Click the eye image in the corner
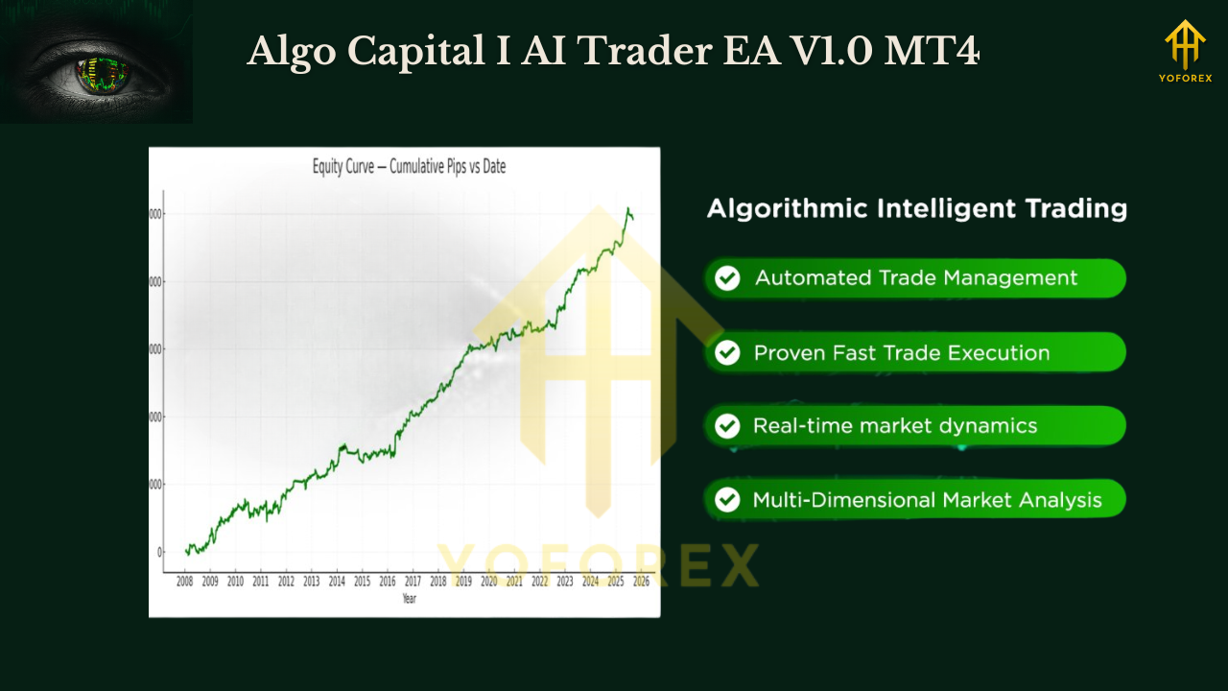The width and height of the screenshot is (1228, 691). coord(96,62)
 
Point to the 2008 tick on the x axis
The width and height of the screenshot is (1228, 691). coord(185,582)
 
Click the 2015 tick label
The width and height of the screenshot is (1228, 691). coord(362,582)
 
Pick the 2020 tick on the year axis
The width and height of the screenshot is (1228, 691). coord(488,582)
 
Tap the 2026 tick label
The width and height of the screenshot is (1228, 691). coord(641,582)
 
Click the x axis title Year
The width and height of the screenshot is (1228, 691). coord(410,598)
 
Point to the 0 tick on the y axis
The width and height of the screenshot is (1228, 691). coord(159,553)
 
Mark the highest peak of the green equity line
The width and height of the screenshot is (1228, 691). coord(628,208)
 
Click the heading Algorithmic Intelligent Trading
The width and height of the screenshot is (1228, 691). coord(916,208)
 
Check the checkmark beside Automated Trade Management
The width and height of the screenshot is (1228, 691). coord(728,278)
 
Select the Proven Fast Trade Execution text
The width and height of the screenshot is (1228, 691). coord(901,352)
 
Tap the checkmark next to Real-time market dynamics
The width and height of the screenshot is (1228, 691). coord(728,426)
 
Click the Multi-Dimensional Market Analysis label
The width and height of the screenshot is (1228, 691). coord(927,500)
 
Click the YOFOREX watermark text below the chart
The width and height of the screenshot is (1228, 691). coord(598,565)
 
